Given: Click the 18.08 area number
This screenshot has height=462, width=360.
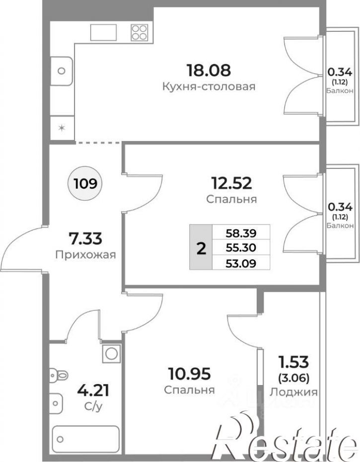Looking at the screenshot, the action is pos(209,70).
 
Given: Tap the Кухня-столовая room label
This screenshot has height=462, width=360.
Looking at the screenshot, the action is pos(209,86).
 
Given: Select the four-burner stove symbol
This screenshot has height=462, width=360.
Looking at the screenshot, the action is pos(140,32).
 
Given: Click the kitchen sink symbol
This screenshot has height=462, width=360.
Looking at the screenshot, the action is pos(61,71).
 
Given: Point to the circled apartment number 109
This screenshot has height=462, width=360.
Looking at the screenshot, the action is pos(85,184).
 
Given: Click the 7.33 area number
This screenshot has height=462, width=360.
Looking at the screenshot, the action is pos(85,238).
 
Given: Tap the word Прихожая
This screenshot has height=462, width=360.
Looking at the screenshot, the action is pos(85,254).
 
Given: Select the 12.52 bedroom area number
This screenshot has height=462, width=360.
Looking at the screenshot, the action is pos(231,183).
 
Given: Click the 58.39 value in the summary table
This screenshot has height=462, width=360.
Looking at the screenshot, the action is pos(241,233).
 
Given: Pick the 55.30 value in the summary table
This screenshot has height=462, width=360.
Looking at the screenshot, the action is pos(241,248).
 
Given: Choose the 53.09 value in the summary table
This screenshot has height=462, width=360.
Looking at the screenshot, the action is pos(241,263).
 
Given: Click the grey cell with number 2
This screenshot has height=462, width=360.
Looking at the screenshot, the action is pos(201,247).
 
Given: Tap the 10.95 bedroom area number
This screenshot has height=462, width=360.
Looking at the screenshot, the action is pos(189,374).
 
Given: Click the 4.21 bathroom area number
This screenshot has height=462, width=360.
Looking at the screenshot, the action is pos(93,390).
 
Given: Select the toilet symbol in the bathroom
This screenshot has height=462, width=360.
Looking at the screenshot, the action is pos(58,376).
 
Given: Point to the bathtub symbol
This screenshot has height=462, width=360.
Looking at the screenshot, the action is pos(85,440).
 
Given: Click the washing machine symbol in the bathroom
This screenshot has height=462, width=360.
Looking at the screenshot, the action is pos(111,353).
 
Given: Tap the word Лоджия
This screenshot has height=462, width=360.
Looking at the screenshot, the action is pos(294,392).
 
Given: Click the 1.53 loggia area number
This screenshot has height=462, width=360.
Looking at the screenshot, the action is pos(294,362).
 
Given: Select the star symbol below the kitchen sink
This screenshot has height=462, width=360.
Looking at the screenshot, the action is pos(62,128).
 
